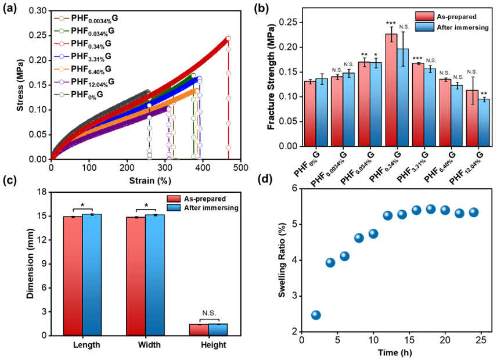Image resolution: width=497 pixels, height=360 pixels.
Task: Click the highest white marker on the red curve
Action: click(228, 38)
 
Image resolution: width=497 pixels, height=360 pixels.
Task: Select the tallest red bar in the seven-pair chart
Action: click(391, 90)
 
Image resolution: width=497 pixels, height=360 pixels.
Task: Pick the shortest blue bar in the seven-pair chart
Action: click(484, 122)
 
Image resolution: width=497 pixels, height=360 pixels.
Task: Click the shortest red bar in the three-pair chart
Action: click(199, 330)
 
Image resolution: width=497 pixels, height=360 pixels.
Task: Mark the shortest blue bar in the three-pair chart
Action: click(218, 330)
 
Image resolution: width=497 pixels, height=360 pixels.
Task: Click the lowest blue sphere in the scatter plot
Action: click(316, 315)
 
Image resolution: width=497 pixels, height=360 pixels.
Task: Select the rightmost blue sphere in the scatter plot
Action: click(473, 213)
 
